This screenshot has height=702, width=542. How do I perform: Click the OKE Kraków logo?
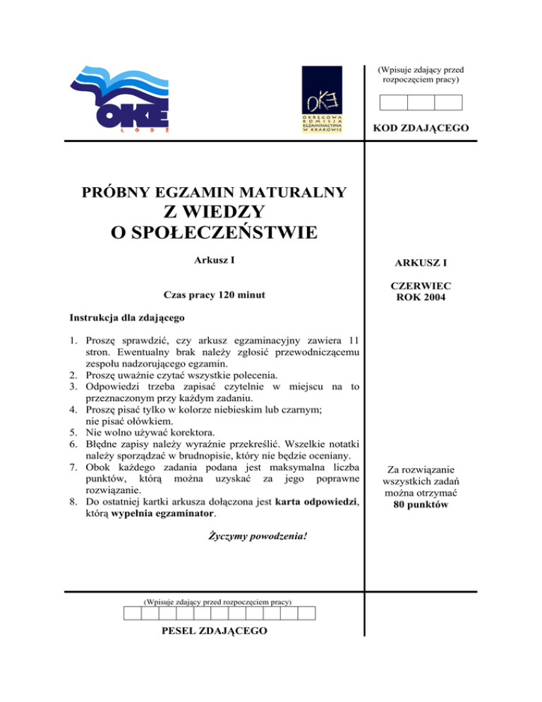[322, 100]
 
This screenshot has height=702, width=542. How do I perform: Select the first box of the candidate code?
[394, 103]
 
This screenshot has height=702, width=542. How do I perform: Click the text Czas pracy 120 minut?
[214, 295]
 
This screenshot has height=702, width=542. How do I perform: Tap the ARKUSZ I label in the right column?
[421, 263]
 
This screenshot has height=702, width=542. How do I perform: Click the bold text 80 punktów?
[421, 506]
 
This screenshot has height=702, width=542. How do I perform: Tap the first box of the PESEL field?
[132, 612]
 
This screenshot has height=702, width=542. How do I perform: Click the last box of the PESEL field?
[307, 612]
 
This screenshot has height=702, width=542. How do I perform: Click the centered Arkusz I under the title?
[215, 260]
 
